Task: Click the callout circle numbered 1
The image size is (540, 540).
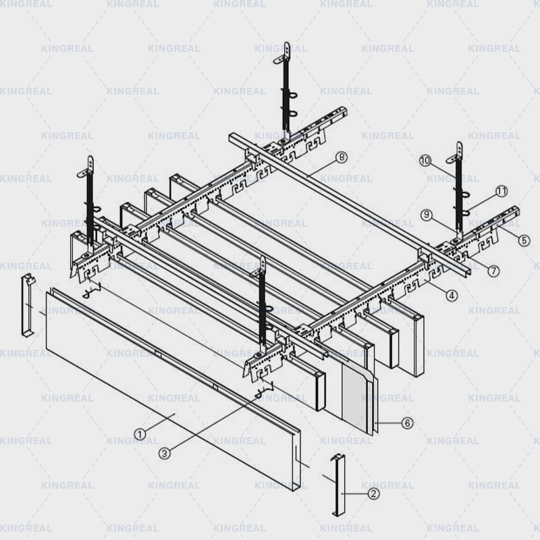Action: click(139, 435)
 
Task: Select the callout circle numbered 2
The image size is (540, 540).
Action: click(373, 493)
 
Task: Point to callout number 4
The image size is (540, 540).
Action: click(452, 294)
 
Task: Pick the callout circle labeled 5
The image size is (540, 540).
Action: click(524, 240)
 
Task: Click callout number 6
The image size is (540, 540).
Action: click(407, 423)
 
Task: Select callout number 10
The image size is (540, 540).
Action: click(425, 161)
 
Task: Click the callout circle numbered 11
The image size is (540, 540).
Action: click(501, 191)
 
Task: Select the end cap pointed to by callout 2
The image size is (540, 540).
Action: click(337, 484)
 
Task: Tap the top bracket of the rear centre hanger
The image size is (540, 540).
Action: click(286, 51)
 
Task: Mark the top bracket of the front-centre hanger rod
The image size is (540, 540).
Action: click(263, 265)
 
